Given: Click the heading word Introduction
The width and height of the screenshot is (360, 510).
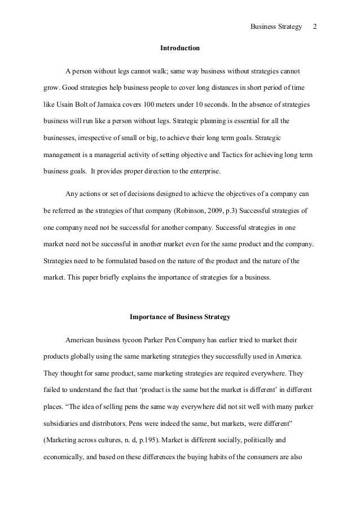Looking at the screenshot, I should pos(179,49).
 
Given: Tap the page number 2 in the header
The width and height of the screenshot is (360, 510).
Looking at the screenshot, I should pos(315,27).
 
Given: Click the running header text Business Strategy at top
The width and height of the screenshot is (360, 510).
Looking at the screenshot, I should pos(276,27).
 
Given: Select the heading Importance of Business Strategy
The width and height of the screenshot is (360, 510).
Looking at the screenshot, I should pos(179,317).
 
